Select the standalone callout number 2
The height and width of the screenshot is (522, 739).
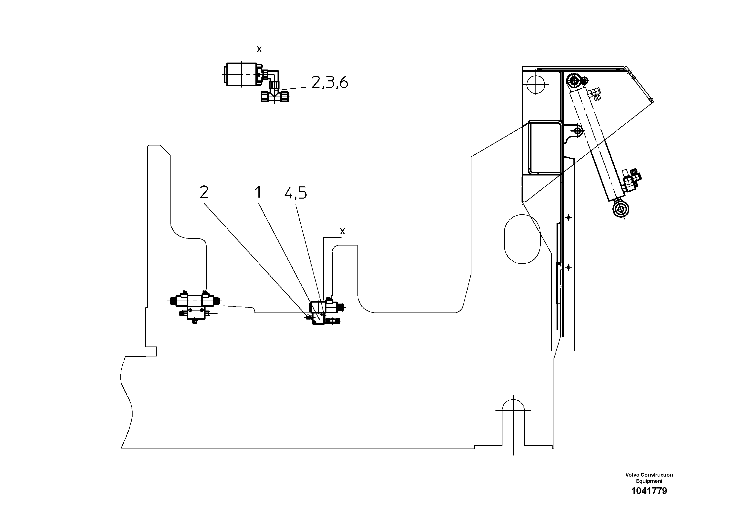point(204,192)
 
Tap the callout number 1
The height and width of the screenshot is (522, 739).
point(258,192)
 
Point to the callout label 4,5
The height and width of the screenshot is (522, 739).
point(295,193)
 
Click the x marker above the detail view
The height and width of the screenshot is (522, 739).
point(259,49)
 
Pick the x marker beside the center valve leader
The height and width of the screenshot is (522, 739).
point(343,231)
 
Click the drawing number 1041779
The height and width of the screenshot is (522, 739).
point(649,491)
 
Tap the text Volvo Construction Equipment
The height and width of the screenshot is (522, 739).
point(649,478)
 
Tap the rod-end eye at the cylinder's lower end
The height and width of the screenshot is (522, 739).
point(620,210)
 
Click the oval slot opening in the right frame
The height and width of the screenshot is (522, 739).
point(522,239)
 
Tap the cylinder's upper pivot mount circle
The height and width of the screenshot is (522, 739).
point(574,80)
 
